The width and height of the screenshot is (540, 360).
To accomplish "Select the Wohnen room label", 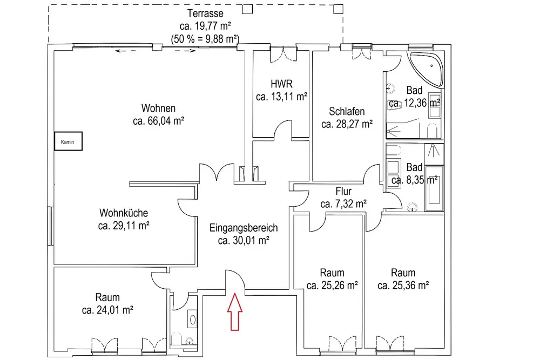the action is (158, 108).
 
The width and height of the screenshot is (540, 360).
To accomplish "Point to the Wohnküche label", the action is (124, 213).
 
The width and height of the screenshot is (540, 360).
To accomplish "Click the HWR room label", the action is (281, 84).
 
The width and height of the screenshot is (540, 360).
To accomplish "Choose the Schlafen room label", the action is (347, 112).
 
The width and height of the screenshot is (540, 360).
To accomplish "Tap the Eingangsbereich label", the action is (244, 228).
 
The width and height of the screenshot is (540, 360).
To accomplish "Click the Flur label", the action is (343, 191).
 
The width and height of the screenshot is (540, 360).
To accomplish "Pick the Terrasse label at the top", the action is (205, 13).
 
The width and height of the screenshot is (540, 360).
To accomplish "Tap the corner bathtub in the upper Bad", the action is (427, 71).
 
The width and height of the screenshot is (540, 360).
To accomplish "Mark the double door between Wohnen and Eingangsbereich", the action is (216, 174).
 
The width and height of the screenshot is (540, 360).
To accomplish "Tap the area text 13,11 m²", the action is (281, 97).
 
